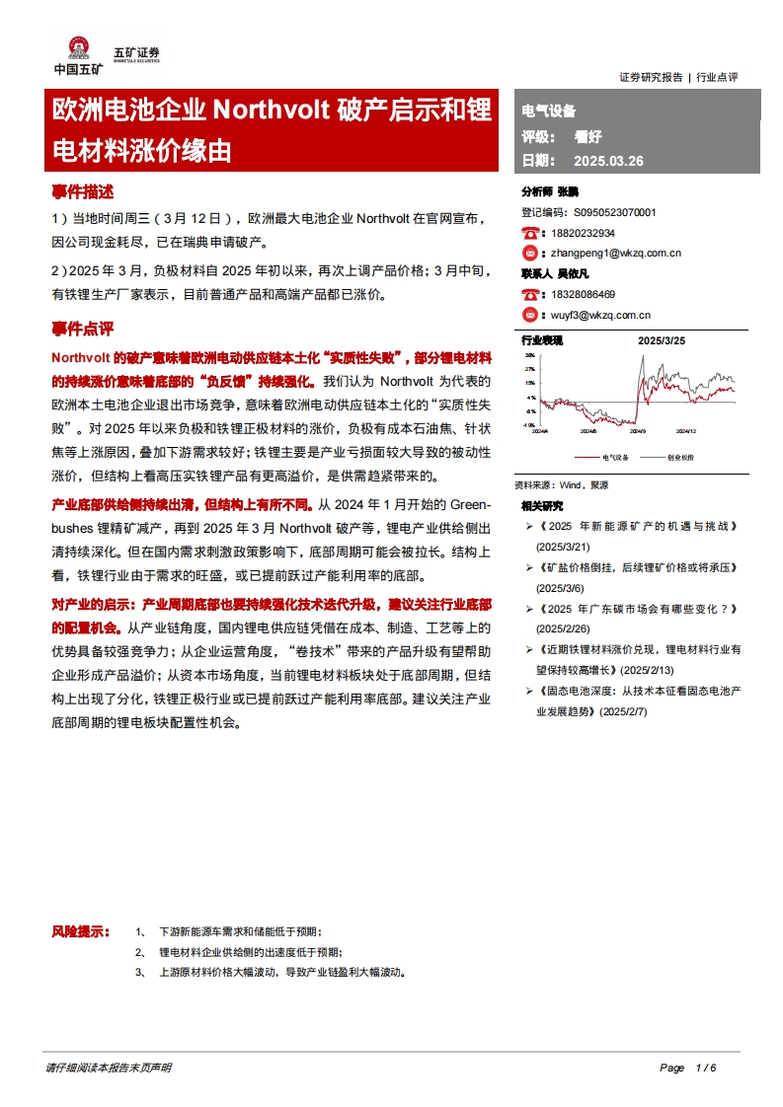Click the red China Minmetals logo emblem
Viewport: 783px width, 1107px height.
pyautogui.click(x=77, y=48)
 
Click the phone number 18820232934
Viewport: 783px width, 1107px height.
pyautogui.click(x=583, y=233)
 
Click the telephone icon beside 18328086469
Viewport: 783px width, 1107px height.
pyautogui.click(x=530, y=294)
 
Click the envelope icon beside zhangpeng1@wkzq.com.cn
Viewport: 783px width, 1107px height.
pyautogui.click(x=530, y=253)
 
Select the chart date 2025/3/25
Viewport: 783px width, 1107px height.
pyautogui.click(x=662, y=339)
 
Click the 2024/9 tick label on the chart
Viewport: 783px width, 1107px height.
pyautogui.click(x=637, y=431)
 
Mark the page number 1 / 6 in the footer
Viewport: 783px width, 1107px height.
pyautogui.click(x=704, y=1068)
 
